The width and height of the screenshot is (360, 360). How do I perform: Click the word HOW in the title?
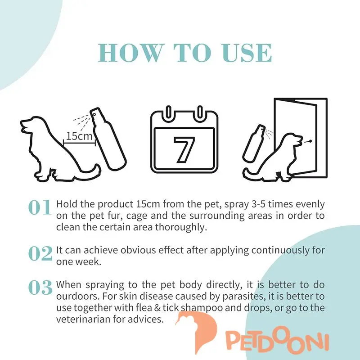point(130,53)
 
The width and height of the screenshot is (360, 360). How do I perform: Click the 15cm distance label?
point(79,136)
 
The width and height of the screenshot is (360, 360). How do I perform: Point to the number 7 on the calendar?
point(184,150)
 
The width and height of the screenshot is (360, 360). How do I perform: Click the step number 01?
point(40,207)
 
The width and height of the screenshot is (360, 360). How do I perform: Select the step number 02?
point(40,253)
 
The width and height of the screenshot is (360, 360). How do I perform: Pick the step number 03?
point(40,288)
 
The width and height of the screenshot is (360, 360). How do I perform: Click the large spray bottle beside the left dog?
point(108,139)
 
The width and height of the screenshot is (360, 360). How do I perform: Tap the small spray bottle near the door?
point(254,143)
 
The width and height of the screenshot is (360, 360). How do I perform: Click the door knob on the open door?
point(310,141)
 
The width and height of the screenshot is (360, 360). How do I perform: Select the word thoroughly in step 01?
point(181,227)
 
